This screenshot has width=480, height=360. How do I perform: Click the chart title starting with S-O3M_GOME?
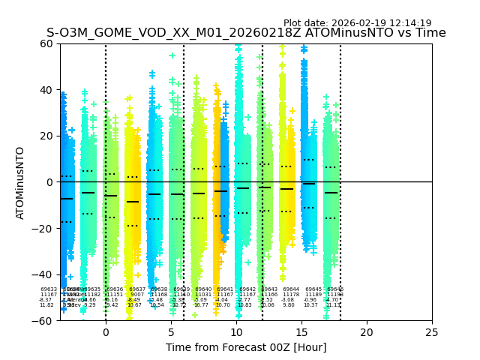tap(246, 33)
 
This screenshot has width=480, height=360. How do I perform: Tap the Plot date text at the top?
tap(357, 23)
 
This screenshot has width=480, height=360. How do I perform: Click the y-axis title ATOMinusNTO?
tap(20, 182)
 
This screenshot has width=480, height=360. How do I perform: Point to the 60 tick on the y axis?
tap(46, 43)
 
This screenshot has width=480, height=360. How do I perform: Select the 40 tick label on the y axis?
tap(46, 90)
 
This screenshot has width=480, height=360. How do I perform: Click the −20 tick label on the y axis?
tap(43, 229)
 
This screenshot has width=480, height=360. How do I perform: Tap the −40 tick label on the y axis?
tap(43, 274)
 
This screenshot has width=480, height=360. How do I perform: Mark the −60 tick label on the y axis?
tap(43, 321)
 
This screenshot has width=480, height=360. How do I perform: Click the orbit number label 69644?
tap(291, 289)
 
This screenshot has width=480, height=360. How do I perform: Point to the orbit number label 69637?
tap(137, 289)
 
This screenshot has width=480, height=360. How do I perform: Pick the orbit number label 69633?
tap(49, 289)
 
